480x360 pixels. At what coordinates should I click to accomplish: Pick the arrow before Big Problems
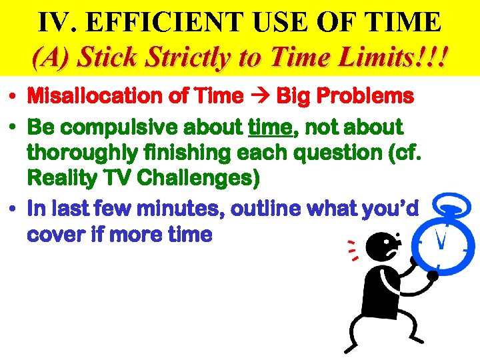point(259,97)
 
